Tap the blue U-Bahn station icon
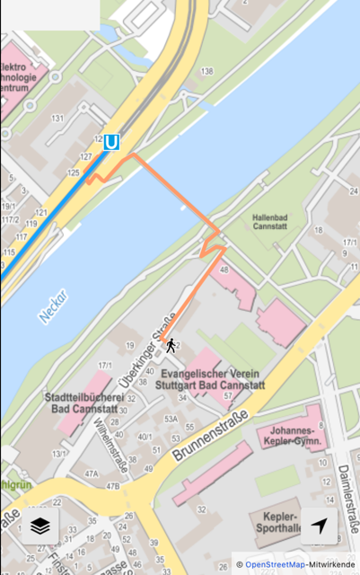tap(111, 142)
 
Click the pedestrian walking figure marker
tap(170, 345)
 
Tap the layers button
tap(40, 526)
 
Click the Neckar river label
tap(53, 306)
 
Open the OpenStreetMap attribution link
tap(275, 564)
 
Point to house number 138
tap(207, 71)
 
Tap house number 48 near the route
tap(224, 270)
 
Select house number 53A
tap(171, 418)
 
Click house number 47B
tap(112, 486)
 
